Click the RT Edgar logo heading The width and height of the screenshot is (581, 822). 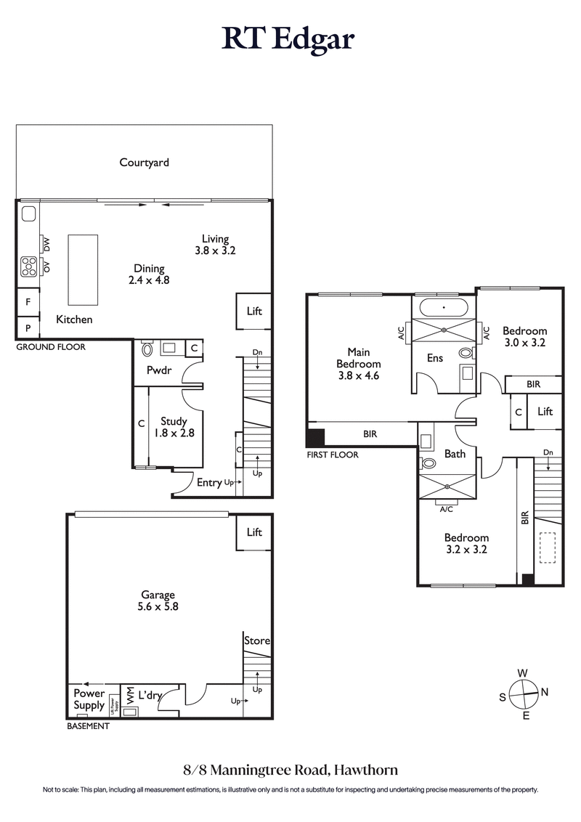tap(288, 39)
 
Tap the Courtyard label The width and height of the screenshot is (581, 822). tap(144, 163)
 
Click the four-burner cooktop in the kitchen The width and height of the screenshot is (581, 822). tap(28, 266)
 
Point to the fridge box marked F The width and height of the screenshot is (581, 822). tap(28, 301)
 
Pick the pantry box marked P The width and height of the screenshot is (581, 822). tap(28, 327)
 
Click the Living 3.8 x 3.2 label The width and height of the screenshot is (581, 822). tap(215, 244)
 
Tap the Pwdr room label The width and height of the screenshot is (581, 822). tap(158, 369)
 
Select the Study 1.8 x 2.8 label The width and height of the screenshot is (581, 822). tap(174, 427)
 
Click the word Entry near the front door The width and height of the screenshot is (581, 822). tap(209, 481)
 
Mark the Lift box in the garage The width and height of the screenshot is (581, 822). tap(253, 532)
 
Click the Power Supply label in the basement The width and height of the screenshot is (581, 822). tap(88, 699)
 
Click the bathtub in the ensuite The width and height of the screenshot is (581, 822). tap(443, 307)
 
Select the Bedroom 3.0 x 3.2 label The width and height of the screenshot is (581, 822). tap(524, 337)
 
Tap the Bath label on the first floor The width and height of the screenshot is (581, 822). tap(455, 454)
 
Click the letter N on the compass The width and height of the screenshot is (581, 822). tap(545, 692)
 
